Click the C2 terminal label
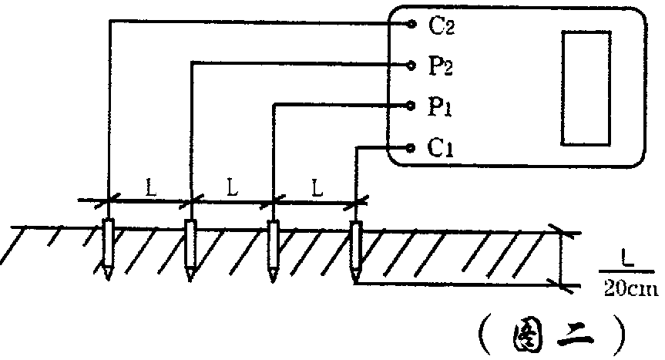coord(442,26)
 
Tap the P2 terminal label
coord(441,66)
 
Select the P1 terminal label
coord(439,106)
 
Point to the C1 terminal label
coord(440,148)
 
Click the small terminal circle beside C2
coord(411,24)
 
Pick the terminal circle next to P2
coord(411,65)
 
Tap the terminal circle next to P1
coord(410,106)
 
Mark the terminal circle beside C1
coord(410,147)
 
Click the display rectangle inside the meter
coord(586,88)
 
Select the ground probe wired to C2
coord(109,248)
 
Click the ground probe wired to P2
coord(190,250)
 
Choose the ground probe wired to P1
coord(273,251)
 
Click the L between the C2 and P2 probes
coord(151,188)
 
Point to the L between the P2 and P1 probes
coord(232,188)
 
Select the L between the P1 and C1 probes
coord(317,188)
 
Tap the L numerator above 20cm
coord(627,260)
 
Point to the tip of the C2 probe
coord(108,279)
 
